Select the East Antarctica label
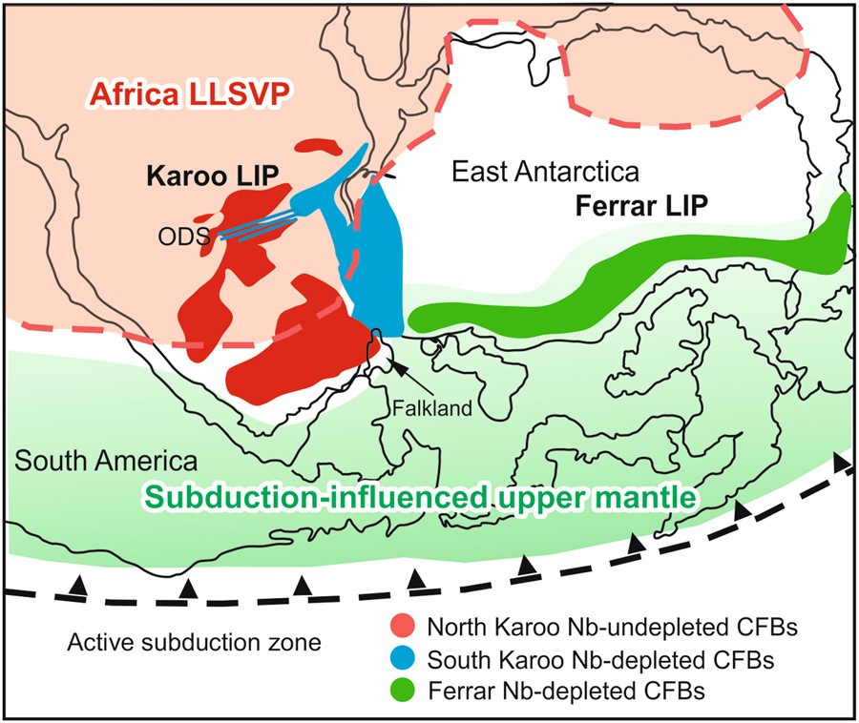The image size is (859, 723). [544, 173]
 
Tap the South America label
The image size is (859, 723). [106, 462]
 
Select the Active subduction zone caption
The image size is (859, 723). [194, 642]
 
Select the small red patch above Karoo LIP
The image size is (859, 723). [321, 148]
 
